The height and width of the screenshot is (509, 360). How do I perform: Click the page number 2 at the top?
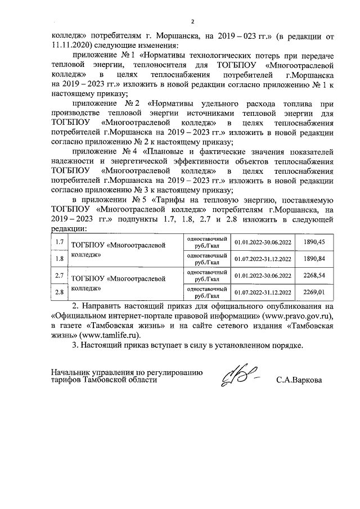click(192, 22)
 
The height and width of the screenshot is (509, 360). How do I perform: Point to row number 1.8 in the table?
click(58, 259)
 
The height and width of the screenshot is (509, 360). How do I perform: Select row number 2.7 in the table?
click(58, 276)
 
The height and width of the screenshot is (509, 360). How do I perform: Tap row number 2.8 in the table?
click(58, 292)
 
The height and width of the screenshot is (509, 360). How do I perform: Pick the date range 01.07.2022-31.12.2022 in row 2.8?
click(263, 292)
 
